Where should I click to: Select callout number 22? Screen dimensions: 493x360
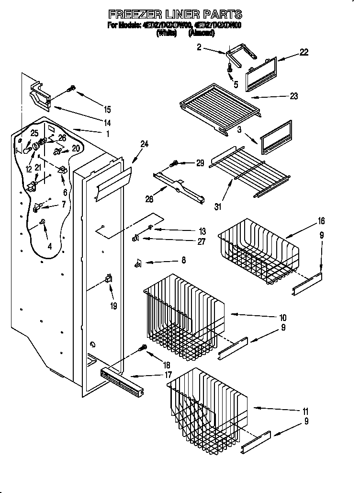pyautogui.click(x=304, y=53)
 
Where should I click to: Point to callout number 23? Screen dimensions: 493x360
pyautogui.click(x=293, y=96)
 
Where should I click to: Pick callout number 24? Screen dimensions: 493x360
pyautogui.click(x=144, y=143)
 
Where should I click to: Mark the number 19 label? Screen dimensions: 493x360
pyautogui.click(x=113, y=305)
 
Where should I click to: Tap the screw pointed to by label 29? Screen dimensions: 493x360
pyautogui.click(x=176, y=163)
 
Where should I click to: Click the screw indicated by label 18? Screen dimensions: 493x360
pyautogui.click(x=142, y=348)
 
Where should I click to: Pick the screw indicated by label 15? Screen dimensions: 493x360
pyautogui.click(x=72, y=88)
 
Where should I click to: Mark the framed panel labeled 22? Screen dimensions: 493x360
pyautogui.click(x=261, y=73)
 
